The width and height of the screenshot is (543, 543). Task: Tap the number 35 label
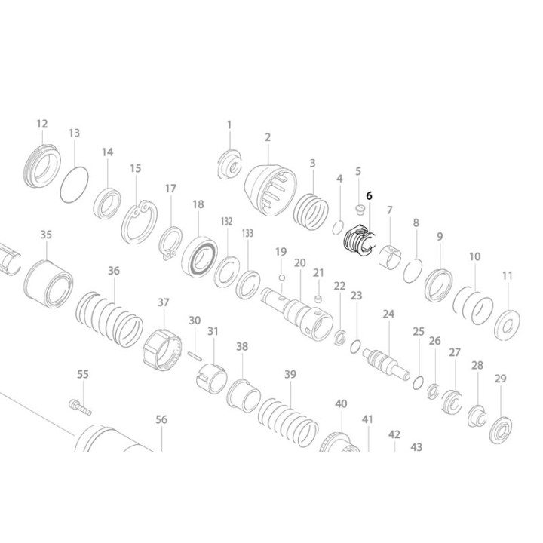coord(46,235)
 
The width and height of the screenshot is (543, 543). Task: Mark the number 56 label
coord(161,420)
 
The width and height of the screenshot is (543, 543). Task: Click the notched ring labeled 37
coord(164,345)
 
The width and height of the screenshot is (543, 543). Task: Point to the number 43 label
coord(416,446)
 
